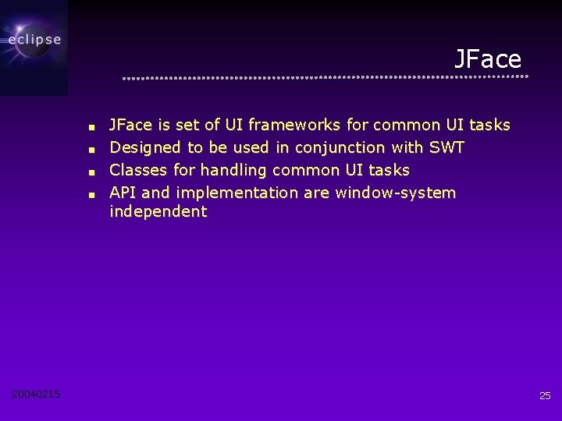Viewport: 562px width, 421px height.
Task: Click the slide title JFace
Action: pos(488,59)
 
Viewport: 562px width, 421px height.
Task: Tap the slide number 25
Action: pos(545,396)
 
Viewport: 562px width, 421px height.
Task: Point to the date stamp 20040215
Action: pos(36,394)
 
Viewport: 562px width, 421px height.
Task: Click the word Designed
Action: pos(145,147)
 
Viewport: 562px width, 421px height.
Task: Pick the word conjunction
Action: pos(340,147)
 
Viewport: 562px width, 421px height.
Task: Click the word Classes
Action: pos(138,170)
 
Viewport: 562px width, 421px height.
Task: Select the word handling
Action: pos(232,170)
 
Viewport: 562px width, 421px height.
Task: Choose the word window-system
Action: pos(395,193)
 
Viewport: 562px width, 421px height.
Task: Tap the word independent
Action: pos(158,211)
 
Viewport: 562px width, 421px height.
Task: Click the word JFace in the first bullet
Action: pos(130,125)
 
